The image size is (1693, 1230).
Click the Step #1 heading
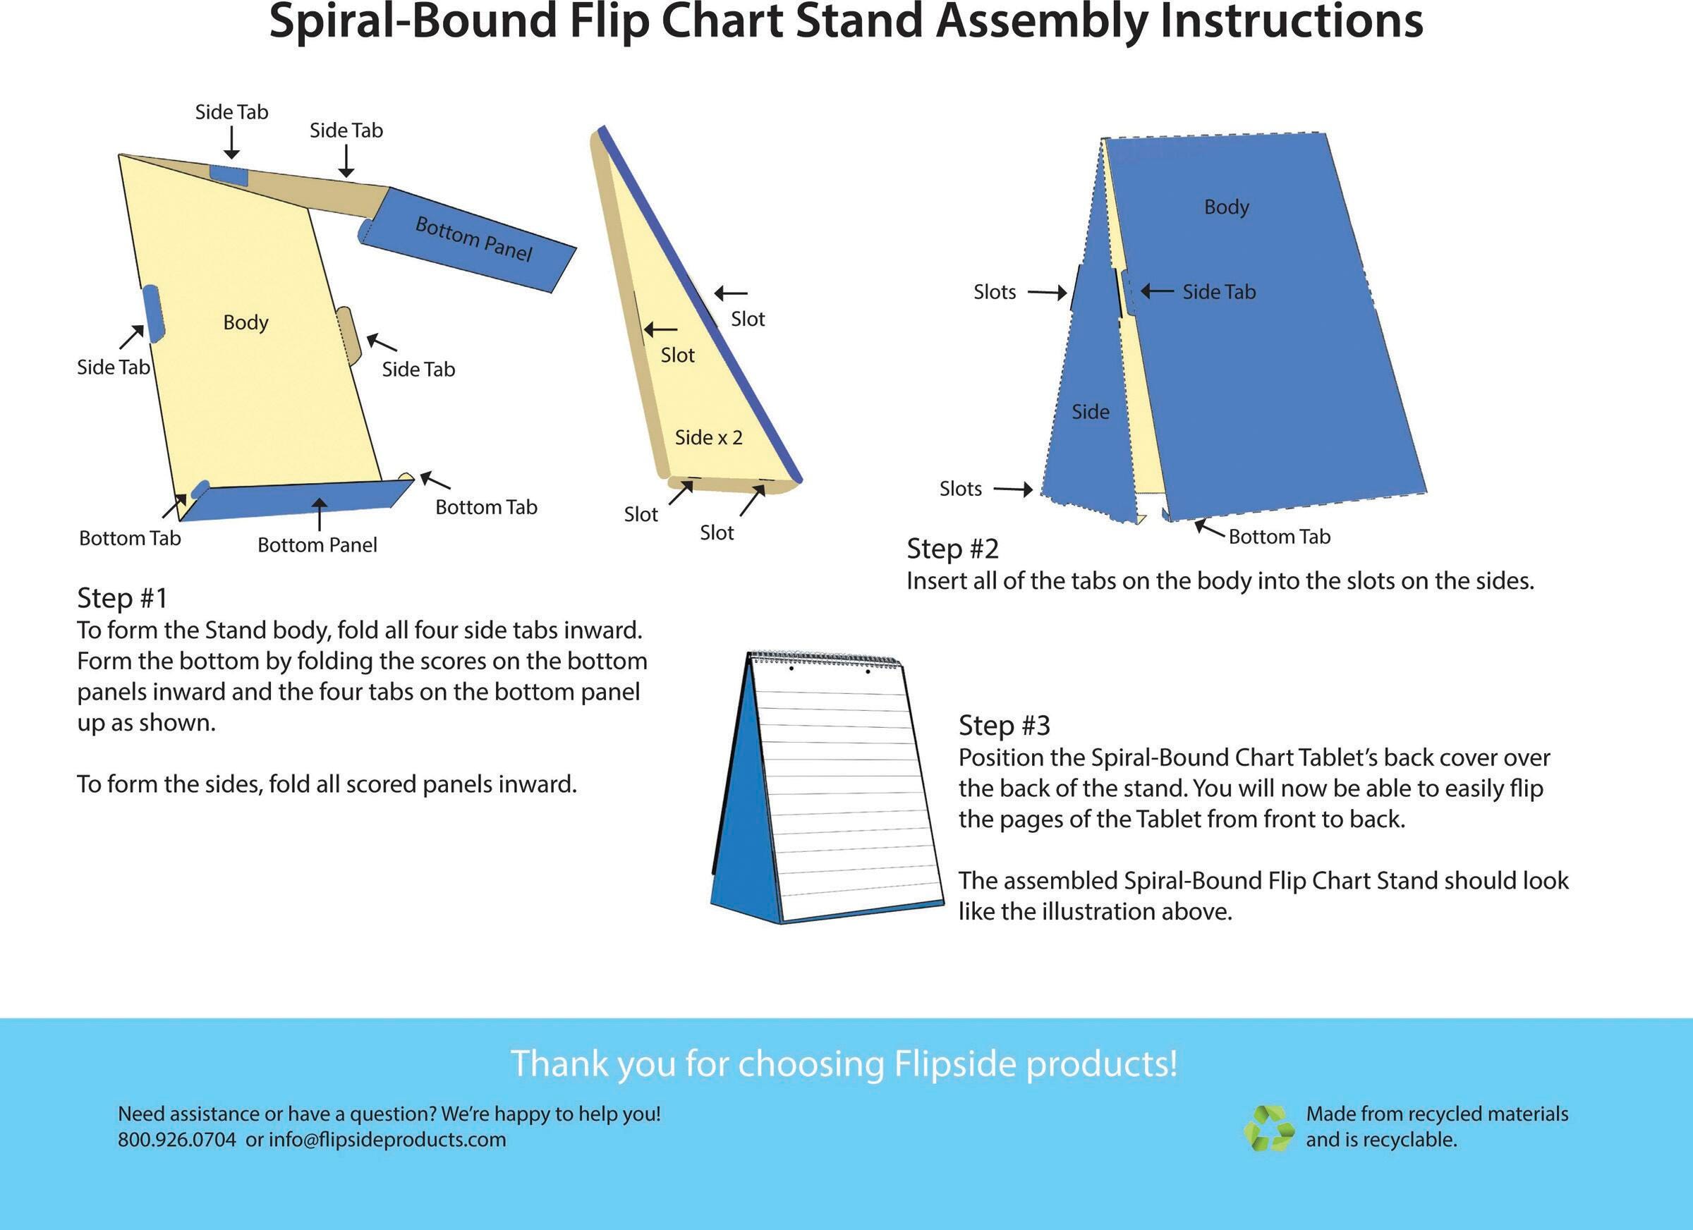click(x=123, y=598)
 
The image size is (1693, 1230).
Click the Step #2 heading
click(x=952, y=549)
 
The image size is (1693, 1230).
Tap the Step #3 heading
click(x=1004, y=725)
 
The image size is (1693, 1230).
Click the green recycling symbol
click(x=1268, y=1128)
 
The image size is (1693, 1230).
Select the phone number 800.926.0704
click(x=177, y=1140)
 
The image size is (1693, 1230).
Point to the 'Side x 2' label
click(x=708, y=437)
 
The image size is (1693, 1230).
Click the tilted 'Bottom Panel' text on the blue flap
click(x=474, y=239)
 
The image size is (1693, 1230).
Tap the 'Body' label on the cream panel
click(x=245, y=322)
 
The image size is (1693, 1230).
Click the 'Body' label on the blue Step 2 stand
click(x=1227, y=207)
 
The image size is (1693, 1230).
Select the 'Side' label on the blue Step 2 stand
click(x=1091, y=412)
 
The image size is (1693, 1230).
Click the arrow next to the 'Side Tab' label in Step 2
click(x=1157, y=291)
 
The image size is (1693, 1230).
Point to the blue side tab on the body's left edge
click(x=154, y=313)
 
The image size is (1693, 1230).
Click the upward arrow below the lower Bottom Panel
click(x=320, y=514)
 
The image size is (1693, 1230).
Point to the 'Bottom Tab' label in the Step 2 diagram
click(x=1280, y=537)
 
